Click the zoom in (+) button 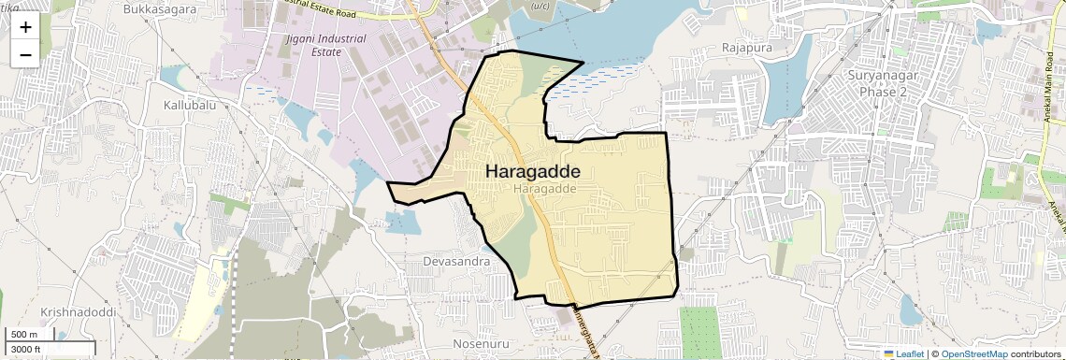pos(25,27)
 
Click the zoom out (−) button pos(25,55)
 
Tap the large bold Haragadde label pos(533,172)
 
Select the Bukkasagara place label pos(160,8)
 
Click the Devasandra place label pos(456,262)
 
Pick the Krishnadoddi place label pos(78,310)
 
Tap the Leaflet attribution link pos(910,353)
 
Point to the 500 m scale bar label pos(24,335)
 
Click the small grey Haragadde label pos(543,189)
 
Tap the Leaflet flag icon pos(889,353)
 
